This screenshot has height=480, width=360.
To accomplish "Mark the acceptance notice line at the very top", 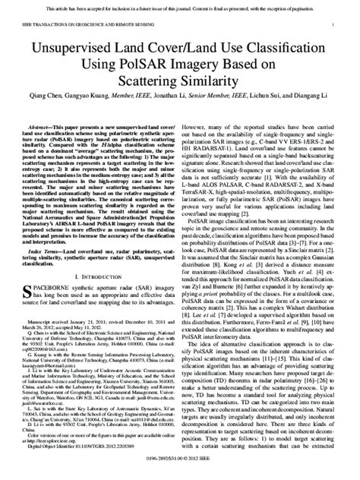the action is pyautogui.click(x=180, y=5).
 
